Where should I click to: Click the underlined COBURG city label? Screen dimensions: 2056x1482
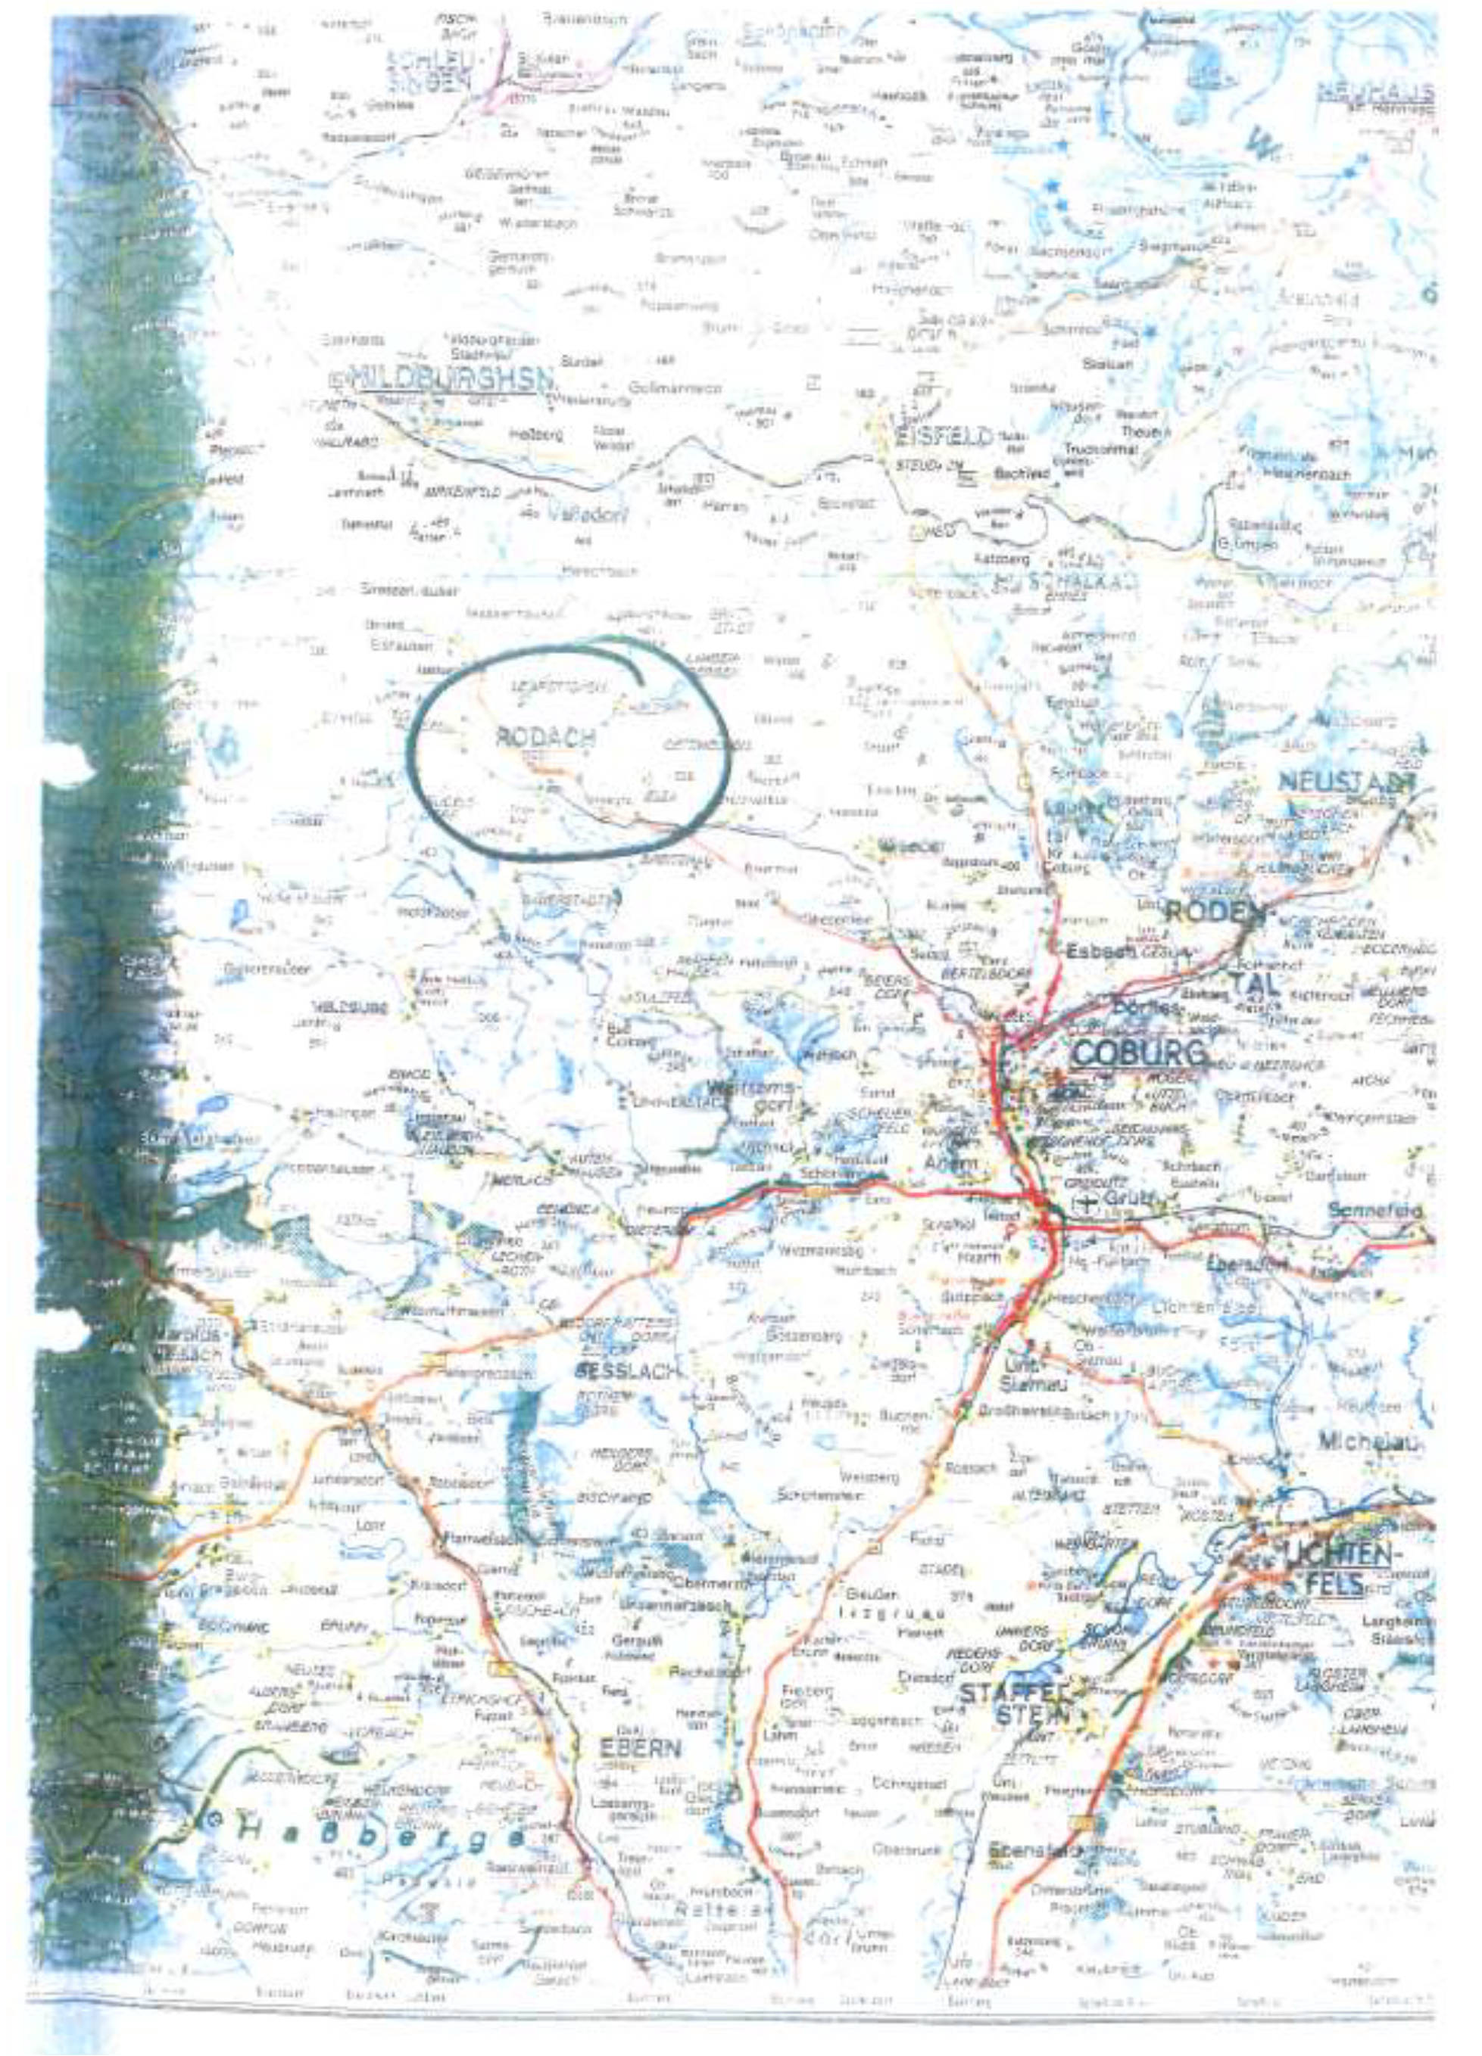(1138, 1053)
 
